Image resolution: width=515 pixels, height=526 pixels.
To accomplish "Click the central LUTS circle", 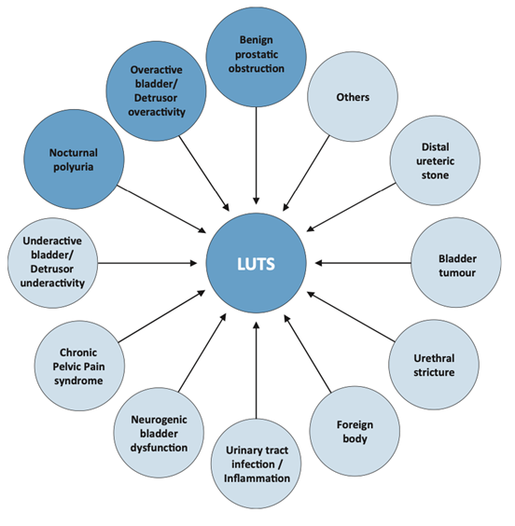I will pyautogui.click(x=257, y=263).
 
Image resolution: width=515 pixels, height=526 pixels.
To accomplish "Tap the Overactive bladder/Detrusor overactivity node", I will pyautogui.click(x=157, y=91).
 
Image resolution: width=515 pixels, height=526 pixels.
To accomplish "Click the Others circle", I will pyautogui.click(x=352, y=97).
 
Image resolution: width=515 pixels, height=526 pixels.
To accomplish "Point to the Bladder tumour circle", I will pyautogui.click(x=456, y=264).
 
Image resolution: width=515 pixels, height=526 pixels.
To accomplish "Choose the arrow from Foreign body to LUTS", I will pyautogui.click(x=305, y=349).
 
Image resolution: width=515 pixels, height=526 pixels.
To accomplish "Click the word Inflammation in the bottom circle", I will pyautogui.click(x=257, y=478).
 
